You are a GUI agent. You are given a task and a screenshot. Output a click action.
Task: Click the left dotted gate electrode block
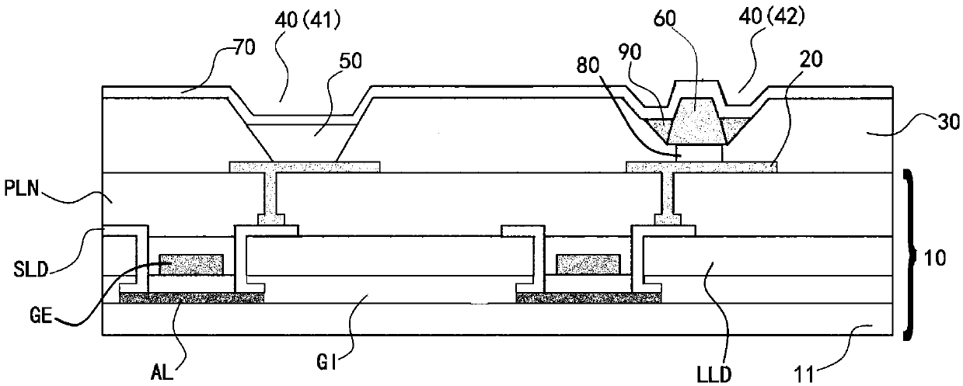[191, 263]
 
